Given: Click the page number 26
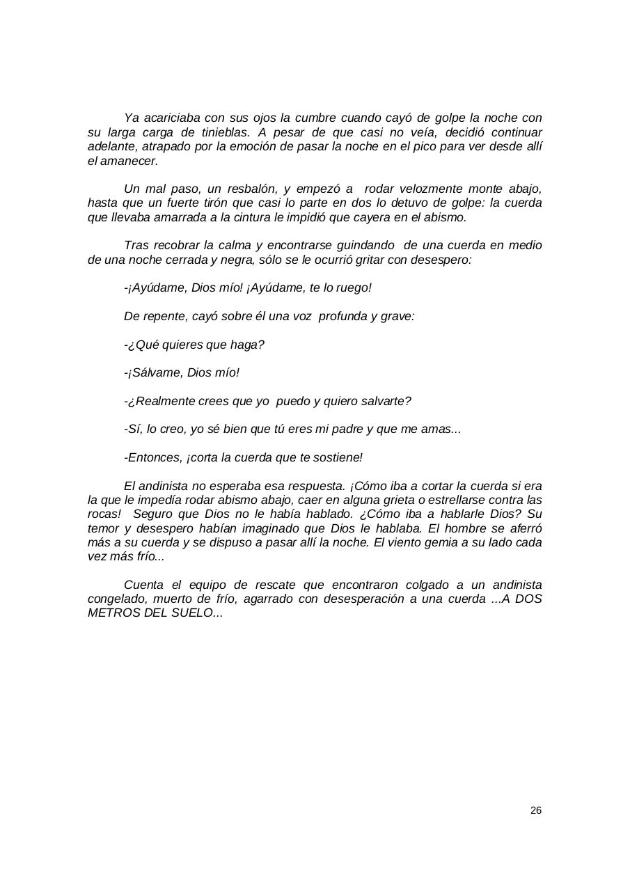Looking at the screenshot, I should click(x=535, y=810).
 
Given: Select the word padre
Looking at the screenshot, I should click(x=345, y=429).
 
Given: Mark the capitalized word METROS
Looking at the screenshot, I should click(x=112, y=613).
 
